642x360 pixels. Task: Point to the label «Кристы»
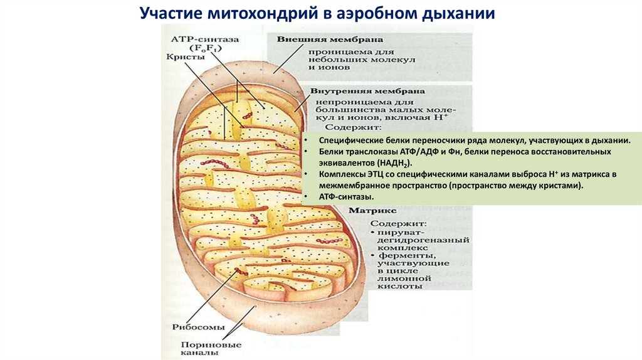(186, 56)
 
